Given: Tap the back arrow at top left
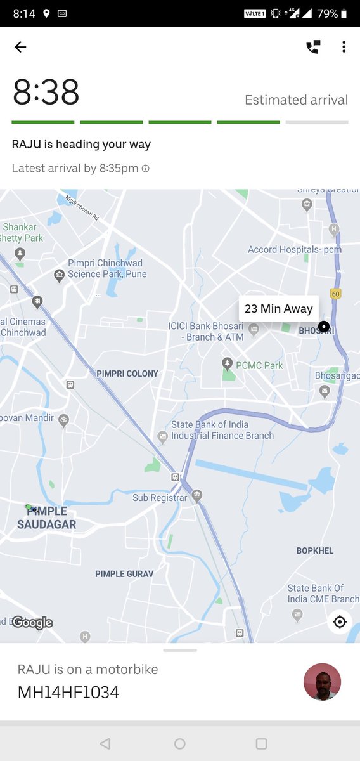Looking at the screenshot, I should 20,47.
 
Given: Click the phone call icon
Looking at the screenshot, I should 313,47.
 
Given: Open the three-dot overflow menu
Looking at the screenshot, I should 344,47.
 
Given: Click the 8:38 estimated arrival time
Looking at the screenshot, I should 46,94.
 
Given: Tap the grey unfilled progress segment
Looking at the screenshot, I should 317,122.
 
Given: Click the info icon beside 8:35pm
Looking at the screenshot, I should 146,169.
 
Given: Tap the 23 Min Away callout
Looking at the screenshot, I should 278,309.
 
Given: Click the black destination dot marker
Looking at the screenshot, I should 324,327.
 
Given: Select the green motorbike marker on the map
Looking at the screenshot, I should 30,507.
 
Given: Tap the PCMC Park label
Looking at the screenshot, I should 259,365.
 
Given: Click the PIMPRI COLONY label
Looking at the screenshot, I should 127,374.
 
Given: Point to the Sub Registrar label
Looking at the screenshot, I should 160,498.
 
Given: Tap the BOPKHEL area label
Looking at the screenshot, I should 314,550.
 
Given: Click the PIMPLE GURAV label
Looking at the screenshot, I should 124,574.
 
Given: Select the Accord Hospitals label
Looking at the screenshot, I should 294,249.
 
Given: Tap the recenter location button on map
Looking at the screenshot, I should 340,622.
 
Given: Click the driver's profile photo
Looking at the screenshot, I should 323,682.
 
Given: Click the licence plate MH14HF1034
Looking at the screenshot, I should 68,692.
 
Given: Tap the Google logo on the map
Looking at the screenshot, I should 32,623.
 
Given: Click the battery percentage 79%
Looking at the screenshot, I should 328,13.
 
